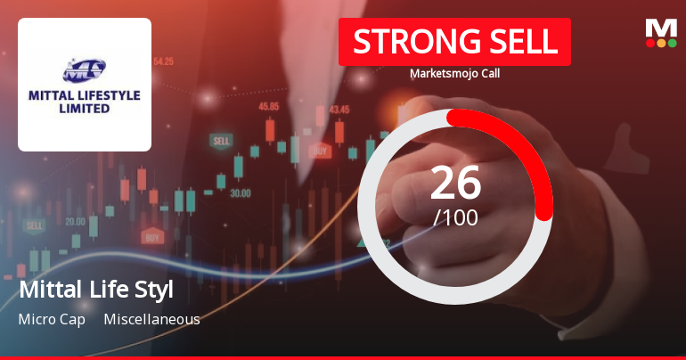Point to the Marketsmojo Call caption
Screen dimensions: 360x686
(x=454, y=73)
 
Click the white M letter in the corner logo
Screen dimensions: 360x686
(x=661, y=27)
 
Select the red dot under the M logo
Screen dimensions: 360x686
(x=650, y=43)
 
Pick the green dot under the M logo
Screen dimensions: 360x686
(x=672, y=43)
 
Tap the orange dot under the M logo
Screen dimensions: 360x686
(x=661, y=43)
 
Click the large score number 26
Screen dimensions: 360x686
(x=455, y=183)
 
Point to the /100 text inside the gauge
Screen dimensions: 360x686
(x=455, y=217)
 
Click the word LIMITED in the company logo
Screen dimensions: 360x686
(x=85, y=109)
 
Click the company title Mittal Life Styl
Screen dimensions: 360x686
(x=95, y=290)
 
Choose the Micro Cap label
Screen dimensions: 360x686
(x=52, y=319)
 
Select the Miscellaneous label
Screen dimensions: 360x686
(x=151, y=319)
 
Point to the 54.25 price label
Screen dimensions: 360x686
(x=163, y=61)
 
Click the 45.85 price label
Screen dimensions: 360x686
(x=268, y=106)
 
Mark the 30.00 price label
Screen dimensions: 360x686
(x=240, y=192)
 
